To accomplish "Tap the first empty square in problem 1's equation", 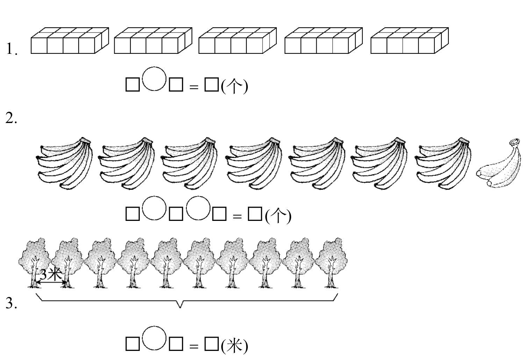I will (132, 85).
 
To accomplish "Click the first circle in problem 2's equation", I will (154, 208).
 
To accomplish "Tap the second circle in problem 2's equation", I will (198, 208).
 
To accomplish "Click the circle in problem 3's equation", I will (154, 338).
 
